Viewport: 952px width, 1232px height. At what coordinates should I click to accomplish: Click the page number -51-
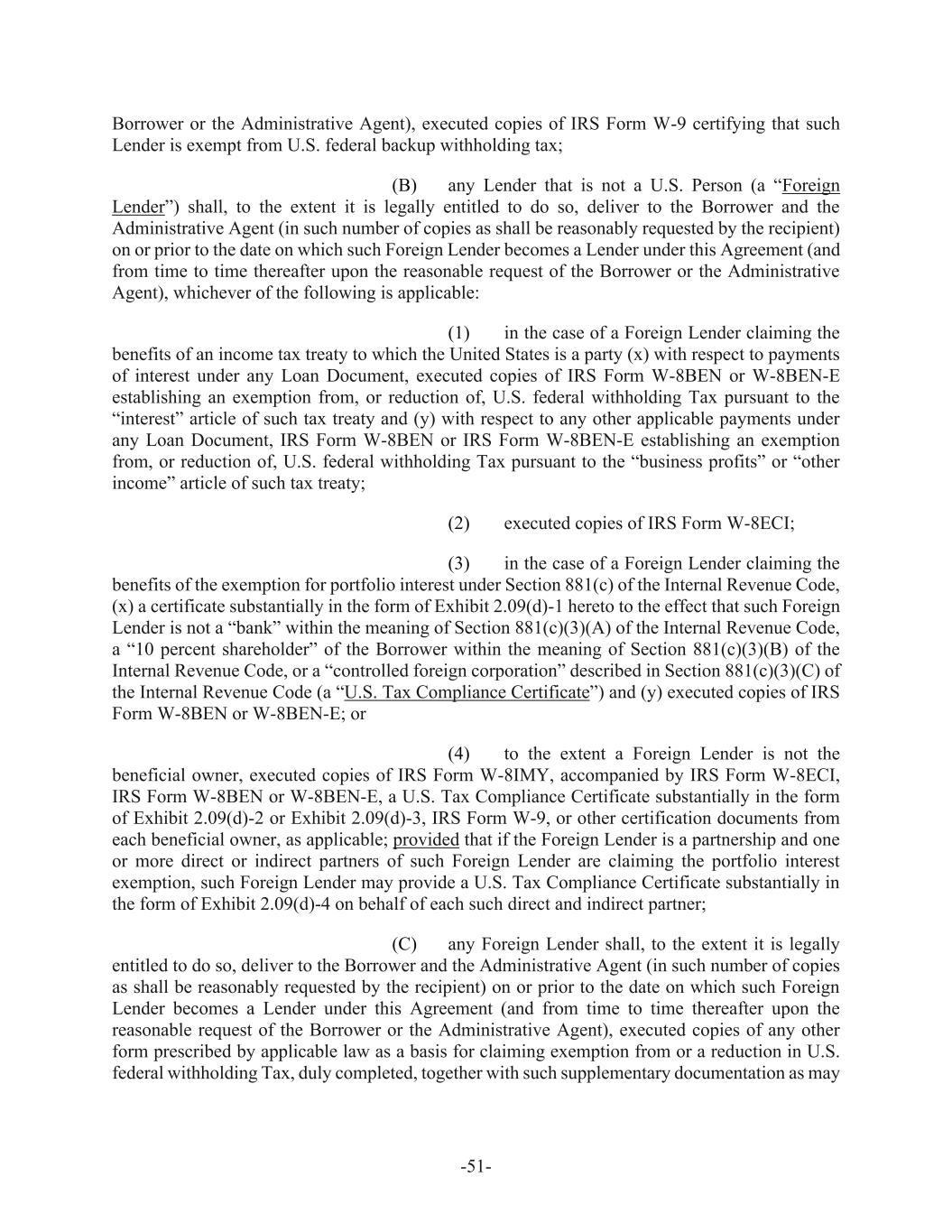[x=476, y=1167]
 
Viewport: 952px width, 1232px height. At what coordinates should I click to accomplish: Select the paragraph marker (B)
[x=404, y=186]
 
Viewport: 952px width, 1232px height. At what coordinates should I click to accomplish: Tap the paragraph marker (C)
[x=404, y=945]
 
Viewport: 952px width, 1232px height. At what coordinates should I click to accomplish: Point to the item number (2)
[x=458, y=523]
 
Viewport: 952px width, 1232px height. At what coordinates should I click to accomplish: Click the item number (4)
[x=458, y=754]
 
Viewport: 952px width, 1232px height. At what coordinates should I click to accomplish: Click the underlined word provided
[x=426, y=839]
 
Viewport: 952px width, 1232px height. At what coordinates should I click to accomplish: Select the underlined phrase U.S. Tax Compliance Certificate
[x=467, y=693]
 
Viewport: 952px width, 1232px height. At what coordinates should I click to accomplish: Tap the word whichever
[x=202, y=293]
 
